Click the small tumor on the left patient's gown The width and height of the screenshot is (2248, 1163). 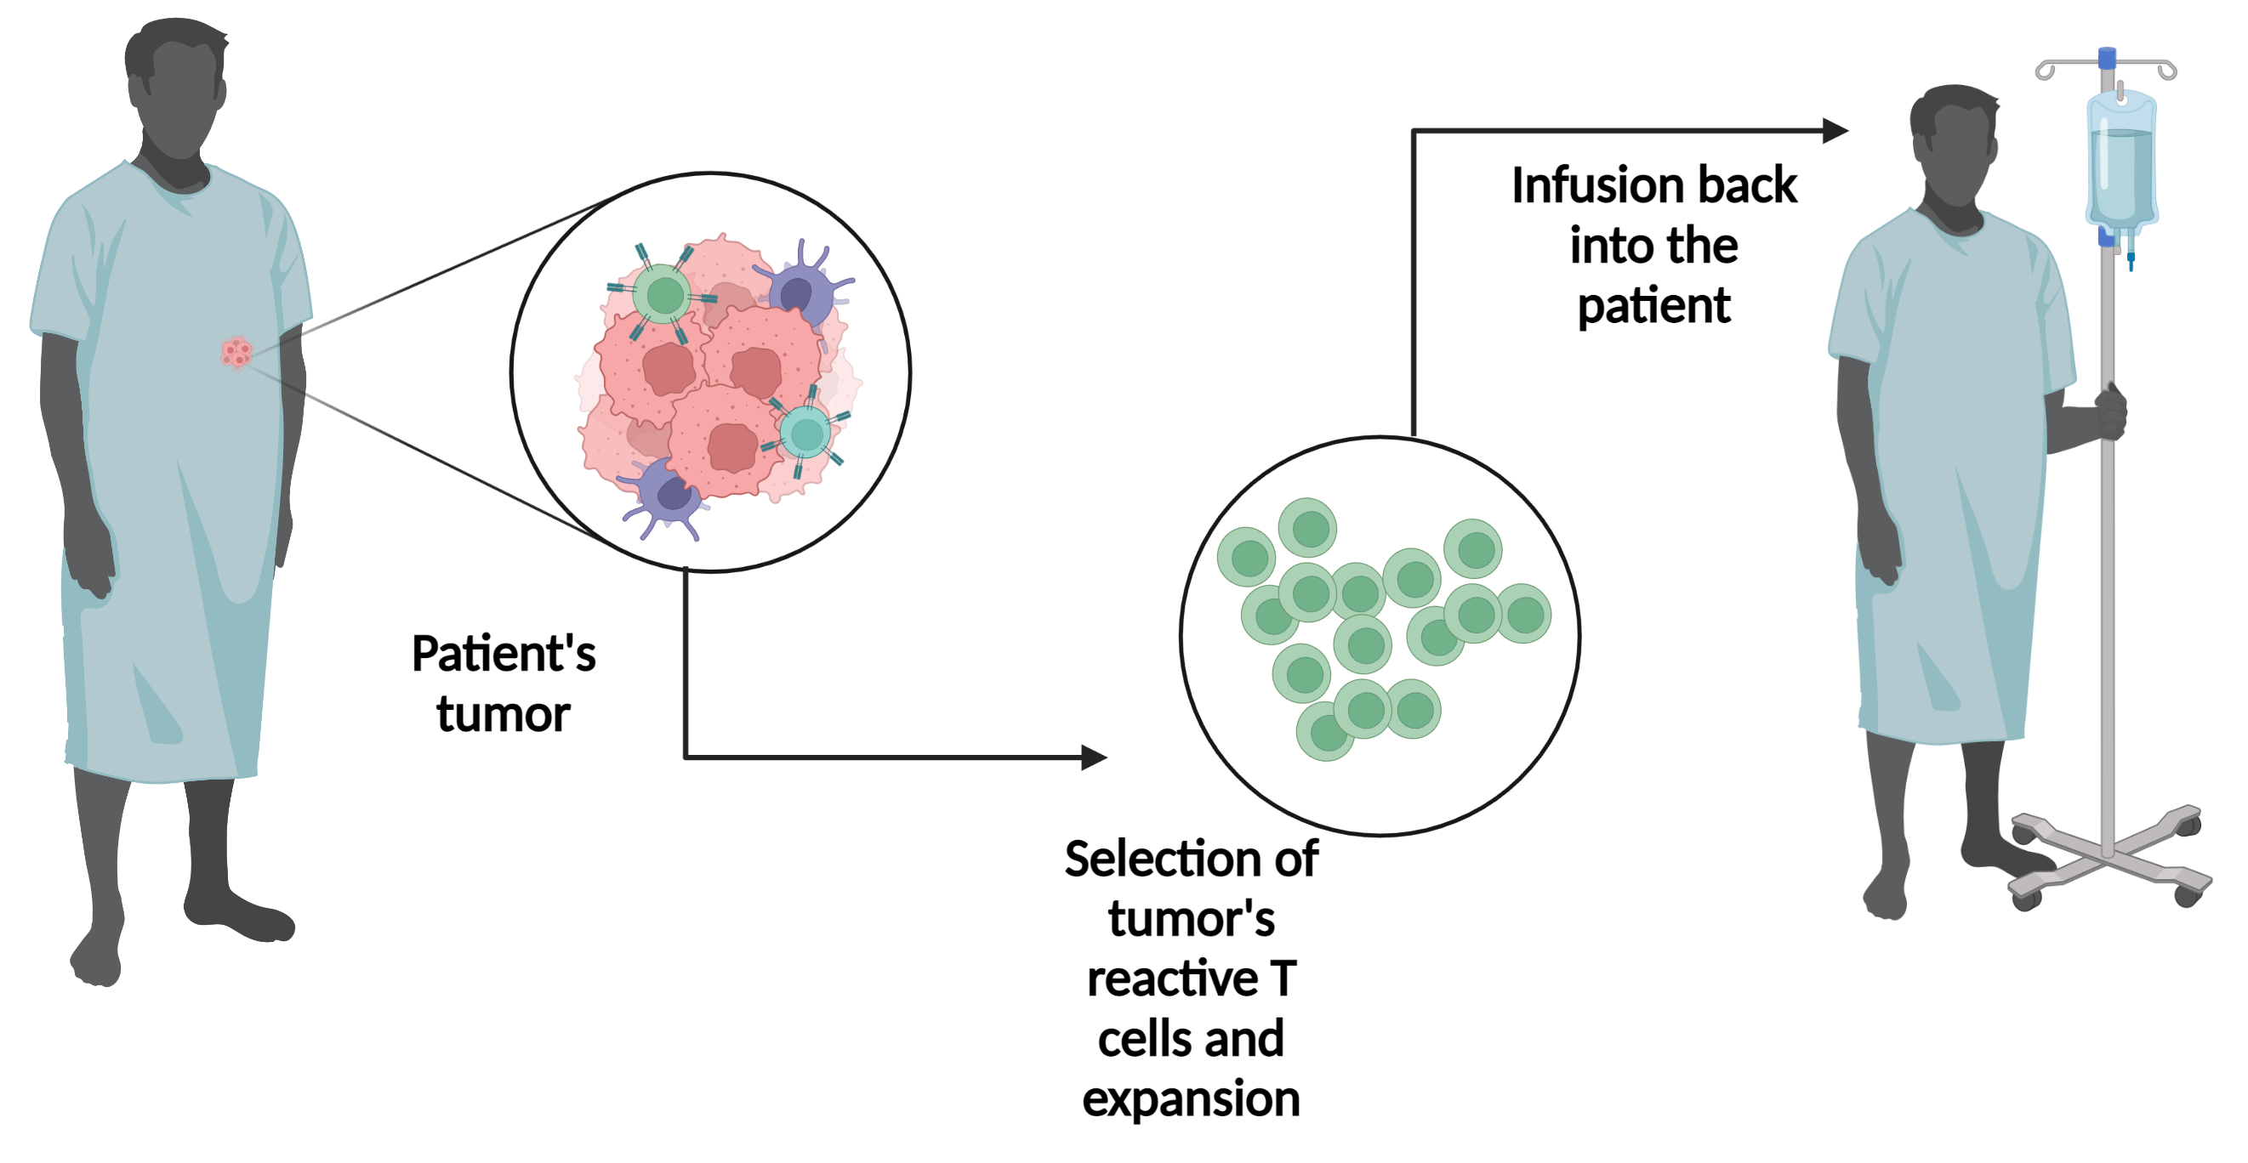[236, 354]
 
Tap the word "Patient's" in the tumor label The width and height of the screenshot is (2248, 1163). [504, 654]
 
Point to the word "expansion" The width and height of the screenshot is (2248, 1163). [1192, 1099]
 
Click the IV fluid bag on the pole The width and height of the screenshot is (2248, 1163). [2121, 162]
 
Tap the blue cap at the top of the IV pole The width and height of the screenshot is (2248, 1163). [2107, 59]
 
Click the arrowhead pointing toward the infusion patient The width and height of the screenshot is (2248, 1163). [1835, 131]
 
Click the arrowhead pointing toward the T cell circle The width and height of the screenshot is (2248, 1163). [1095, 757]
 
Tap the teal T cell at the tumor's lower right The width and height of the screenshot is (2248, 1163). [805, 433]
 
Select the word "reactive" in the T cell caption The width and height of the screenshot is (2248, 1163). [1172, 979]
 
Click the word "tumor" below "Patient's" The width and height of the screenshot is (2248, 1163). [504, 715]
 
